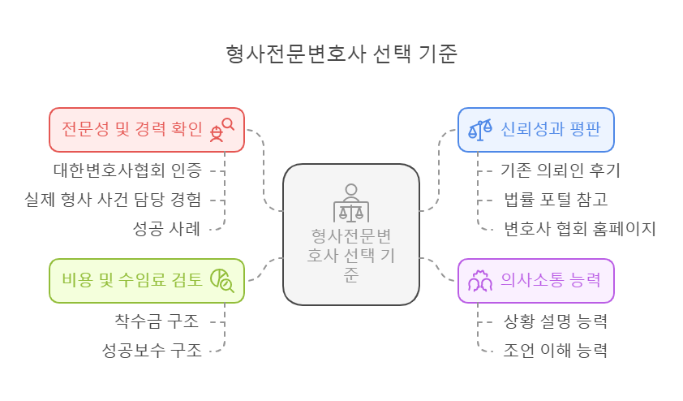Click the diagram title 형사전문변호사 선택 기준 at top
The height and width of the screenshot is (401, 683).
click(x=342, y=54)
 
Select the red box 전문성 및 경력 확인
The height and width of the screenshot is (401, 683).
click(x=132, y=128)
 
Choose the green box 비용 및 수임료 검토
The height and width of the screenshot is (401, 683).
click(x=132, y=280)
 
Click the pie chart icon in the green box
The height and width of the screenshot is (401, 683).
click(x=221, y=280)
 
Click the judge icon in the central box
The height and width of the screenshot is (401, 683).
click(x=350, y=204)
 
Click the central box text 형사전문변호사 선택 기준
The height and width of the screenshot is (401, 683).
click(x=350, y=255)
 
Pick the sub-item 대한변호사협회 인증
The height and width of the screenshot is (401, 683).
click(x=127, y=170)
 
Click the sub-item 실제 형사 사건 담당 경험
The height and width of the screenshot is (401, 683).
click(x=114, y=200)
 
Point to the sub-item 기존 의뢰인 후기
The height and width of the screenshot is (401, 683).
click(x=561, y=170)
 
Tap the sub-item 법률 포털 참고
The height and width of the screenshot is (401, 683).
click(x=556, y=200)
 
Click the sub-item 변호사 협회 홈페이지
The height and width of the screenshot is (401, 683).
click(x=578, y=228)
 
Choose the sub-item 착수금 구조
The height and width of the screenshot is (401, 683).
click(x=157, y=321)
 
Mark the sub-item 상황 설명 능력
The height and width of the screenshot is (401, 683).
click(x=556, y=321)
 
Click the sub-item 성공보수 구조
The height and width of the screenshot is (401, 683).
click(x=152, y=351)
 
